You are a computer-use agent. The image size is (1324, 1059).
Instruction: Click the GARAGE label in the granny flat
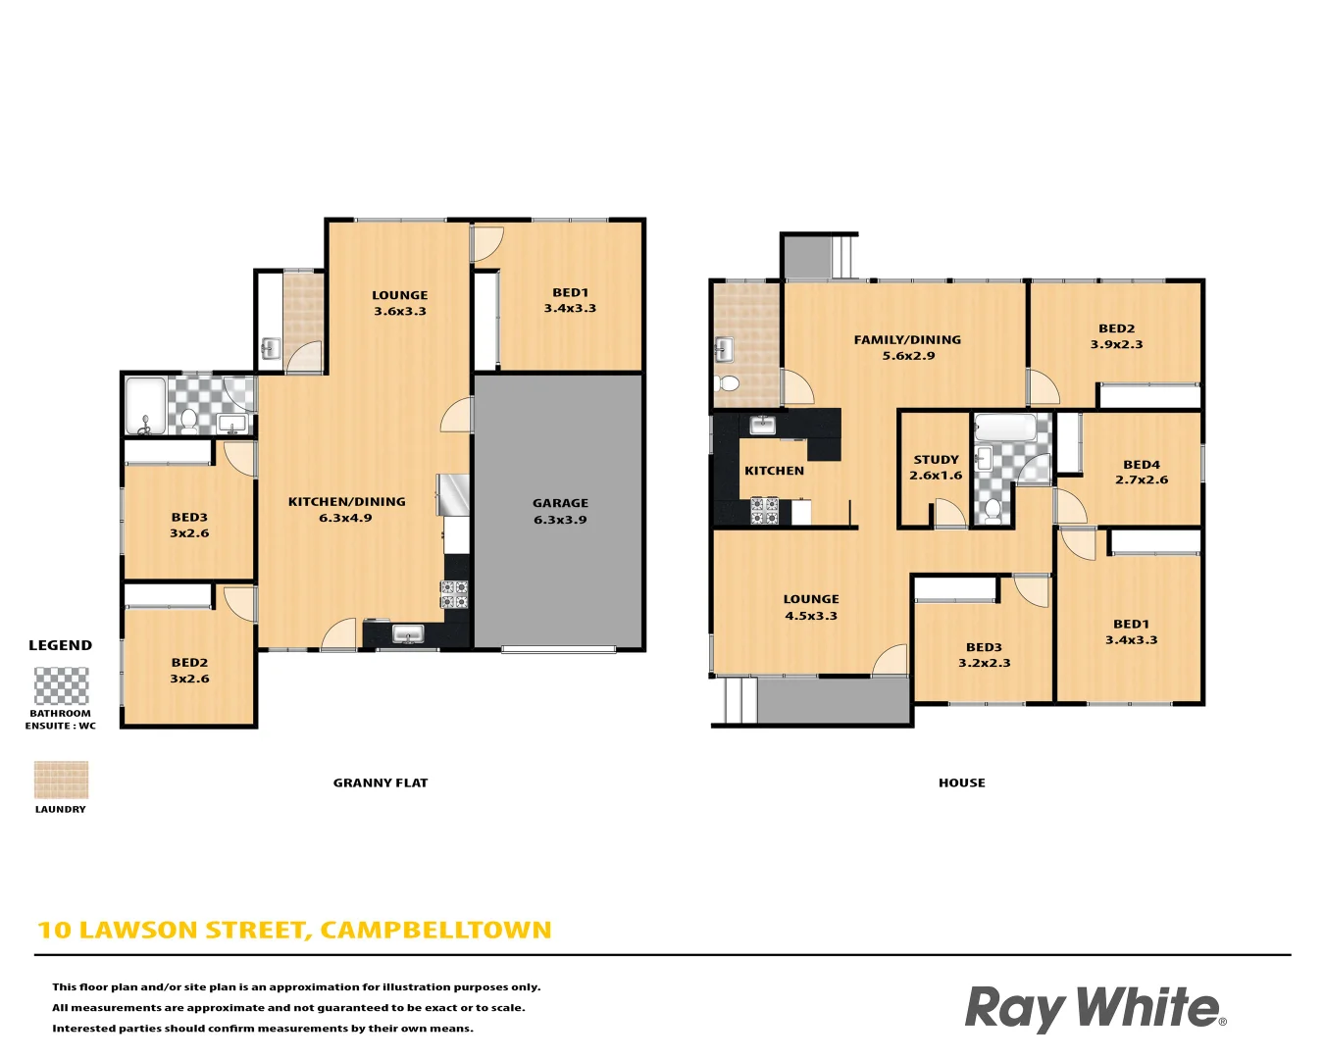(560, 511)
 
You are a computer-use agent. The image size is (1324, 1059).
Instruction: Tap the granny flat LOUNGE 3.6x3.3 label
(399, 303)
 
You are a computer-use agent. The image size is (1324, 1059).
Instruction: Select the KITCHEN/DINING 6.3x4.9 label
(346, 509)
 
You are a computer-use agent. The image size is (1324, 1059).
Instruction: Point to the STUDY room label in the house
(936, 467)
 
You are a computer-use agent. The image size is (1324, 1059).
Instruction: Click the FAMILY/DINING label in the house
(907, 347)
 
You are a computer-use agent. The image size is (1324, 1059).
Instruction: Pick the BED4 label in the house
(1142, 472)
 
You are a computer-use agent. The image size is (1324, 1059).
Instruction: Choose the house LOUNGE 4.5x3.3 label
(811, 607)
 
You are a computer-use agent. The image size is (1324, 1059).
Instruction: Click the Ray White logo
(1095, 1008)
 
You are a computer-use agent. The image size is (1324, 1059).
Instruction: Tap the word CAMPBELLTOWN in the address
(435, 930)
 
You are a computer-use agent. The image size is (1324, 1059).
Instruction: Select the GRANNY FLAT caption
(381, 782)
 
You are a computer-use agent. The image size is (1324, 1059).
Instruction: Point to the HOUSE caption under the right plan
(961, 782)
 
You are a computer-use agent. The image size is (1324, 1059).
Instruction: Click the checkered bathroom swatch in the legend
(61, 685)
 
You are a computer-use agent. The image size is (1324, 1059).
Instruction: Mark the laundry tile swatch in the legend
(61, 780)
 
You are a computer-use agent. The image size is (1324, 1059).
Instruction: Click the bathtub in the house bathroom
(1004, 429)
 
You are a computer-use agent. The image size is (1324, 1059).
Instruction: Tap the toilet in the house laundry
(727, 381)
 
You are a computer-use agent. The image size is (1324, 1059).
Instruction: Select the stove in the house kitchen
(764, 511)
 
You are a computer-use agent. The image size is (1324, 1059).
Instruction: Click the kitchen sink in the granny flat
(407, 634)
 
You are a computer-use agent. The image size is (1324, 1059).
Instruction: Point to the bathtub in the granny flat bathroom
(145, 405)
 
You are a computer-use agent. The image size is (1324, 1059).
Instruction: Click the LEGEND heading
(60, 645)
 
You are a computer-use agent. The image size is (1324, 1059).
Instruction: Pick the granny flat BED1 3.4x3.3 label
(570, 300)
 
